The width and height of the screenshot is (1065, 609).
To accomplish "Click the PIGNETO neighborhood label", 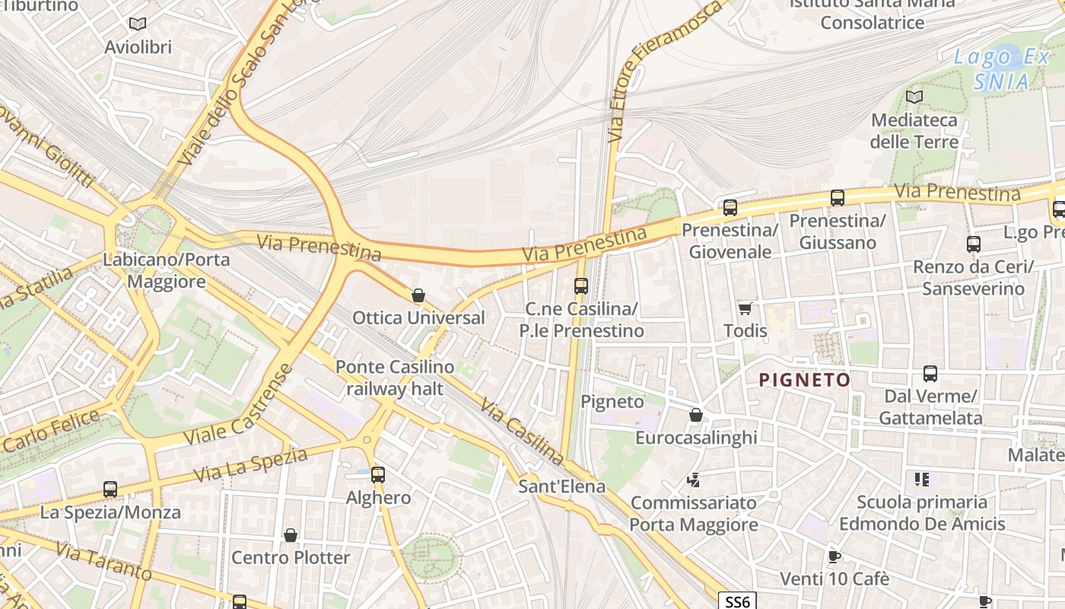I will (x=805, y=380).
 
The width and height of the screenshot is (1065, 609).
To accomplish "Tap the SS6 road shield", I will (x=737, y=601).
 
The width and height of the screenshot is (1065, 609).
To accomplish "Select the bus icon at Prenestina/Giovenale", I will (x=730, y=207).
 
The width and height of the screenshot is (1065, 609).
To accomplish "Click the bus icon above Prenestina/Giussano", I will (x=838, y=198).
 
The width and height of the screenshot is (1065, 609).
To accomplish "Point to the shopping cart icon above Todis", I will (x=745, y=308).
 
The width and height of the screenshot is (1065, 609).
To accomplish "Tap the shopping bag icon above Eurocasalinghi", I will (x=695, y=415).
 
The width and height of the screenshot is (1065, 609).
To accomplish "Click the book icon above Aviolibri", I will (x=138, y=24).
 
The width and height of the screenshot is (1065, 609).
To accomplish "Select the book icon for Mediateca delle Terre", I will (x=914, y=97).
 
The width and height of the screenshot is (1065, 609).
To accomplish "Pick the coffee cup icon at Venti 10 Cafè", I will (x=835, y=556).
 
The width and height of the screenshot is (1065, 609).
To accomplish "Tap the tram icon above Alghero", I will (x=378, y=475).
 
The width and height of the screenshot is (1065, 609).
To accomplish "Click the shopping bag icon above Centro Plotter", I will (x=290, y=535).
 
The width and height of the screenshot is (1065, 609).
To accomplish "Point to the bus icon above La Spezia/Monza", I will (x=110, y=489).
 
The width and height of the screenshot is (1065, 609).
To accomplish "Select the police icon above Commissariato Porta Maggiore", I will (x=693, y=480).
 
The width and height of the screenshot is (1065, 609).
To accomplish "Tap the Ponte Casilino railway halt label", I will (x=395, y=378).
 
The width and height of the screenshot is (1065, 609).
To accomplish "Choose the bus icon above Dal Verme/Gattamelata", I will (x=930, y=374).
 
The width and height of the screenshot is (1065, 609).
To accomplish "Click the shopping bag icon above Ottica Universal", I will (x=418, y=295).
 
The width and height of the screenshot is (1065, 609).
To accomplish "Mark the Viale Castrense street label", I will (x=238, y=404).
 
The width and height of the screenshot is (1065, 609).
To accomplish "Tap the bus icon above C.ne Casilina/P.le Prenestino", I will (x=581, y=286).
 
